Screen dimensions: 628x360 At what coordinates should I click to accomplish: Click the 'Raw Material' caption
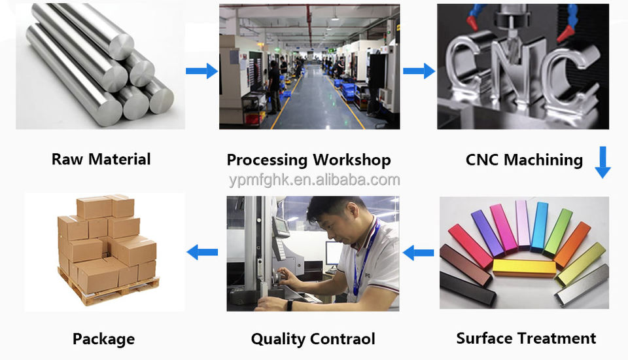101,159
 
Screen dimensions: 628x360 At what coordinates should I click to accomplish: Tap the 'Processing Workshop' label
309,160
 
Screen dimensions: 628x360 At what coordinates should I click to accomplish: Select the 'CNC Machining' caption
524,160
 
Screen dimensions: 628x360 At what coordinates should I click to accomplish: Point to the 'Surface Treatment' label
526,338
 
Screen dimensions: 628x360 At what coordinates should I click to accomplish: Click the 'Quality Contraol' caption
313,339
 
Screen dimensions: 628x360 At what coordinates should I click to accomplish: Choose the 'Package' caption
103,339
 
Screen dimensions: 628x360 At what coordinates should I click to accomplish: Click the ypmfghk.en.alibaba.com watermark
314,180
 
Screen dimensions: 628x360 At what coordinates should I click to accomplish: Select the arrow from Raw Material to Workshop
201,71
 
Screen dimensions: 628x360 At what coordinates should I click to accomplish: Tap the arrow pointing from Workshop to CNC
419,71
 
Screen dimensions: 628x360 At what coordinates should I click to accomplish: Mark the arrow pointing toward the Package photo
202,251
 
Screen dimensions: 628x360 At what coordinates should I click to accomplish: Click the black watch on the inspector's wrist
289,304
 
